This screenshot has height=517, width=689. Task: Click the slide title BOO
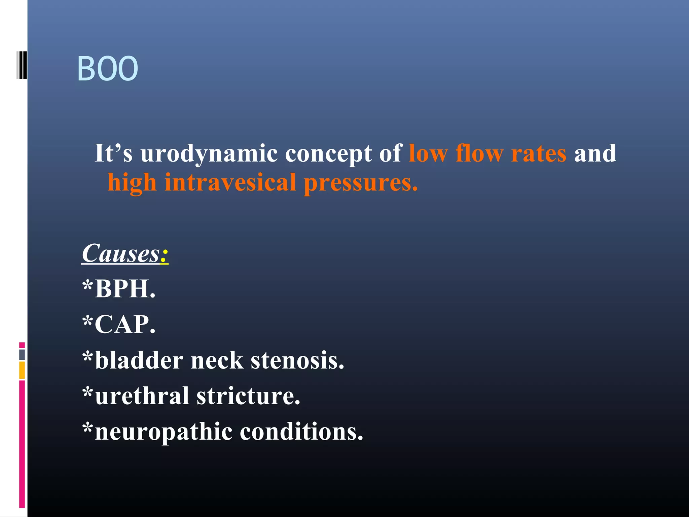(x=108, y=69)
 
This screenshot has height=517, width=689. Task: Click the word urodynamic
(x=209, y=153)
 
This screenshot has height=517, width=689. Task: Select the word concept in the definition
(x=328, y=153)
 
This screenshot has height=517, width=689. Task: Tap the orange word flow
(x=479, y=153)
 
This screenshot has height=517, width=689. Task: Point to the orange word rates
(x=539, y=153)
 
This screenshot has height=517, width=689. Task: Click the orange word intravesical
(x=230, y=183)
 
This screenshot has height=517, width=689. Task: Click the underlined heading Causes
(x=121, y=253)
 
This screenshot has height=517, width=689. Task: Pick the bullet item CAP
(x=124, y=324)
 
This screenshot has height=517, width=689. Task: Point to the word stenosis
(x=297, y=360)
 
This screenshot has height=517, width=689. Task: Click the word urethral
(x=142, y=396)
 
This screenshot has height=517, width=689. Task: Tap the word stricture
(x=248, y=396)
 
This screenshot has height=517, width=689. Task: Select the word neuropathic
(x=164, y=432)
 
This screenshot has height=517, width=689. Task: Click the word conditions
(x=301, y=432)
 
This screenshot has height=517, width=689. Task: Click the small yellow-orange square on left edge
(x=22, y=370)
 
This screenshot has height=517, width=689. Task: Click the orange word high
(x=132, y=183)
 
